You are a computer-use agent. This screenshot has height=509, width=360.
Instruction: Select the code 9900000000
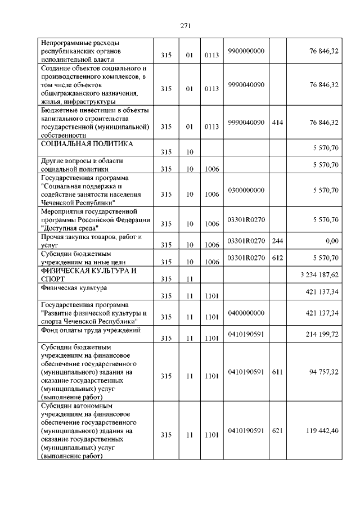click(x=246, y=51)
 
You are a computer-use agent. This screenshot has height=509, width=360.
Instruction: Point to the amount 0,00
click(x=331, y=241)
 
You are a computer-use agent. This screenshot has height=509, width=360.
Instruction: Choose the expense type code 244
click(x=277, y=241)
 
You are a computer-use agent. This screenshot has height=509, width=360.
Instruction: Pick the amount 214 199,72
click(x=321, y=334)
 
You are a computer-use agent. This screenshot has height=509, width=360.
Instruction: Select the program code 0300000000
click(x=246, y=191)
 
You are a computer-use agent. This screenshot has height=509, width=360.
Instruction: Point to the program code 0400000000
click(x=246, y=312)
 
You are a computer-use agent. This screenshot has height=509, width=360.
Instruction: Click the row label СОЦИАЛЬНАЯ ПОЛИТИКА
click(x=87, y=144)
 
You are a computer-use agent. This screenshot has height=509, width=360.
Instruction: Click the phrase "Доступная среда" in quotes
click(x=69, y=228)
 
